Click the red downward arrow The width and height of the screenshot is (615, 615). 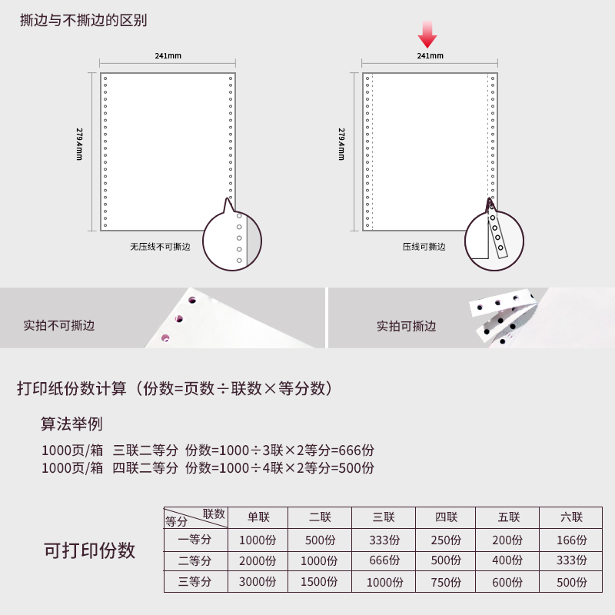point(427,35)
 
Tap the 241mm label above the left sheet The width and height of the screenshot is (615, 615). point(168,55)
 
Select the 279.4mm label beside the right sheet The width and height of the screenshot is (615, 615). point(341,144)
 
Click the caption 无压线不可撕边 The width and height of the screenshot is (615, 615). point(160,247)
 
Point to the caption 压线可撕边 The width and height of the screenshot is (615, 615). point(424,247)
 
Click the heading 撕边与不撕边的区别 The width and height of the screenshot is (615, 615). point(84,21)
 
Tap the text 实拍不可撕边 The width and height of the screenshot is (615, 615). point(59,325)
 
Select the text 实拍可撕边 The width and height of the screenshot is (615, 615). point(407,326)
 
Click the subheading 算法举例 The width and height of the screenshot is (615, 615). point(71,424)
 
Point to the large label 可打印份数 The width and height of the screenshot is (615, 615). point(89,550)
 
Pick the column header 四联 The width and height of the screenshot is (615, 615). point(447,517)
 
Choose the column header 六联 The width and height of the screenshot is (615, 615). point(571,517)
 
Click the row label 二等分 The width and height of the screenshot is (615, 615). point(195,561)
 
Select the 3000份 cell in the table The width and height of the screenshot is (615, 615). point(258,582)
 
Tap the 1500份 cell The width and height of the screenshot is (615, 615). point(319,582)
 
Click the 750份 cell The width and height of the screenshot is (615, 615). point(446,582)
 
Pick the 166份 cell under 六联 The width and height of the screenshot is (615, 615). point(572,540)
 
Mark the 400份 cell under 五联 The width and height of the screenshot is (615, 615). point(507,561)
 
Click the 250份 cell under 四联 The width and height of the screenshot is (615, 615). point(446,540)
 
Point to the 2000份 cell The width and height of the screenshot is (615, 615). point(258,561)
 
